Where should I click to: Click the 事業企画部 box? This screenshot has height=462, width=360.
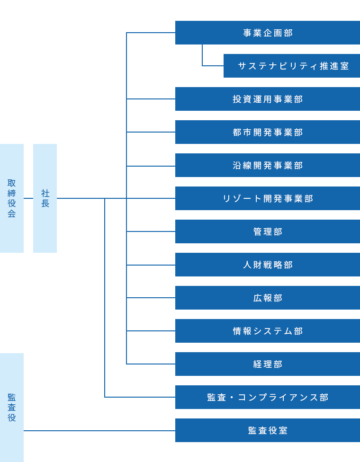268,33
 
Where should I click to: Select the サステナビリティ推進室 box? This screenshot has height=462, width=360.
292,66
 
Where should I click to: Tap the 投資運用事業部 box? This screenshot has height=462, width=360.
268,99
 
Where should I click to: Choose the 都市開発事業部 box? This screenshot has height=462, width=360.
268,132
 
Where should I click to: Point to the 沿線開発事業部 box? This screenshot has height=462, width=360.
268,165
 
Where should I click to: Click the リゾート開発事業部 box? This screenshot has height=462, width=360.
268,198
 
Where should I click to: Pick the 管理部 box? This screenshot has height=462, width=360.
268,231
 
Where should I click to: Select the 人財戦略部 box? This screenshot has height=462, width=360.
268,265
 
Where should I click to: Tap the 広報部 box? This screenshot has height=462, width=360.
268,298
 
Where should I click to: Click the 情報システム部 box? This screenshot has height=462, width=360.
268,331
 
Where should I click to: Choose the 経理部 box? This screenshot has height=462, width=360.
268,364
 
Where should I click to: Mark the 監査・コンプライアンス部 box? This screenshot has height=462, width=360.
268,397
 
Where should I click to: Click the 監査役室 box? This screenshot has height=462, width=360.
268,430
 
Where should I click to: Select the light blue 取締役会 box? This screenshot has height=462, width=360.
12,198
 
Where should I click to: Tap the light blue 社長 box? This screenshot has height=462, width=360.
45,198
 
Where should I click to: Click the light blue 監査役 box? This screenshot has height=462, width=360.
12,407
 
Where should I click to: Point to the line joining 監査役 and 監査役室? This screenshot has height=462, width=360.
99,431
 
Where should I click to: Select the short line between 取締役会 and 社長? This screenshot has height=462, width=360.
28,198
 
